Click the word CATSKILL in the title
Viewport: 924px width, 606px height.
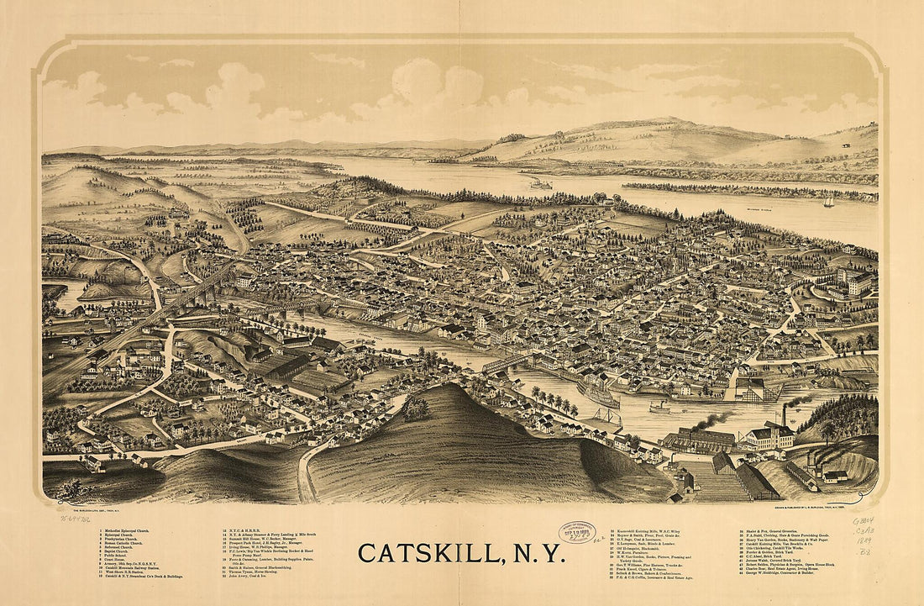pos(428,553)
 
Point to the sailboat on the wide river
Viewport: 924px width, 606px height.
pos(828,203)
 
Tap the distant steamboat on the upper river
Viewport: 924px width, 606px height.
pos(540,183)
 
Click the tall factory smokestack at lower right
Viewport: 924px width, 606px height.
pos(785,414)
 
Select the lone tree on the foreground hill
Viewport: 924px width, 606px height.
pos(414,408)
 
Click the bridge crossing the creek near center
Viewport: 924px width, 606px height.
pos(504,364)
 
